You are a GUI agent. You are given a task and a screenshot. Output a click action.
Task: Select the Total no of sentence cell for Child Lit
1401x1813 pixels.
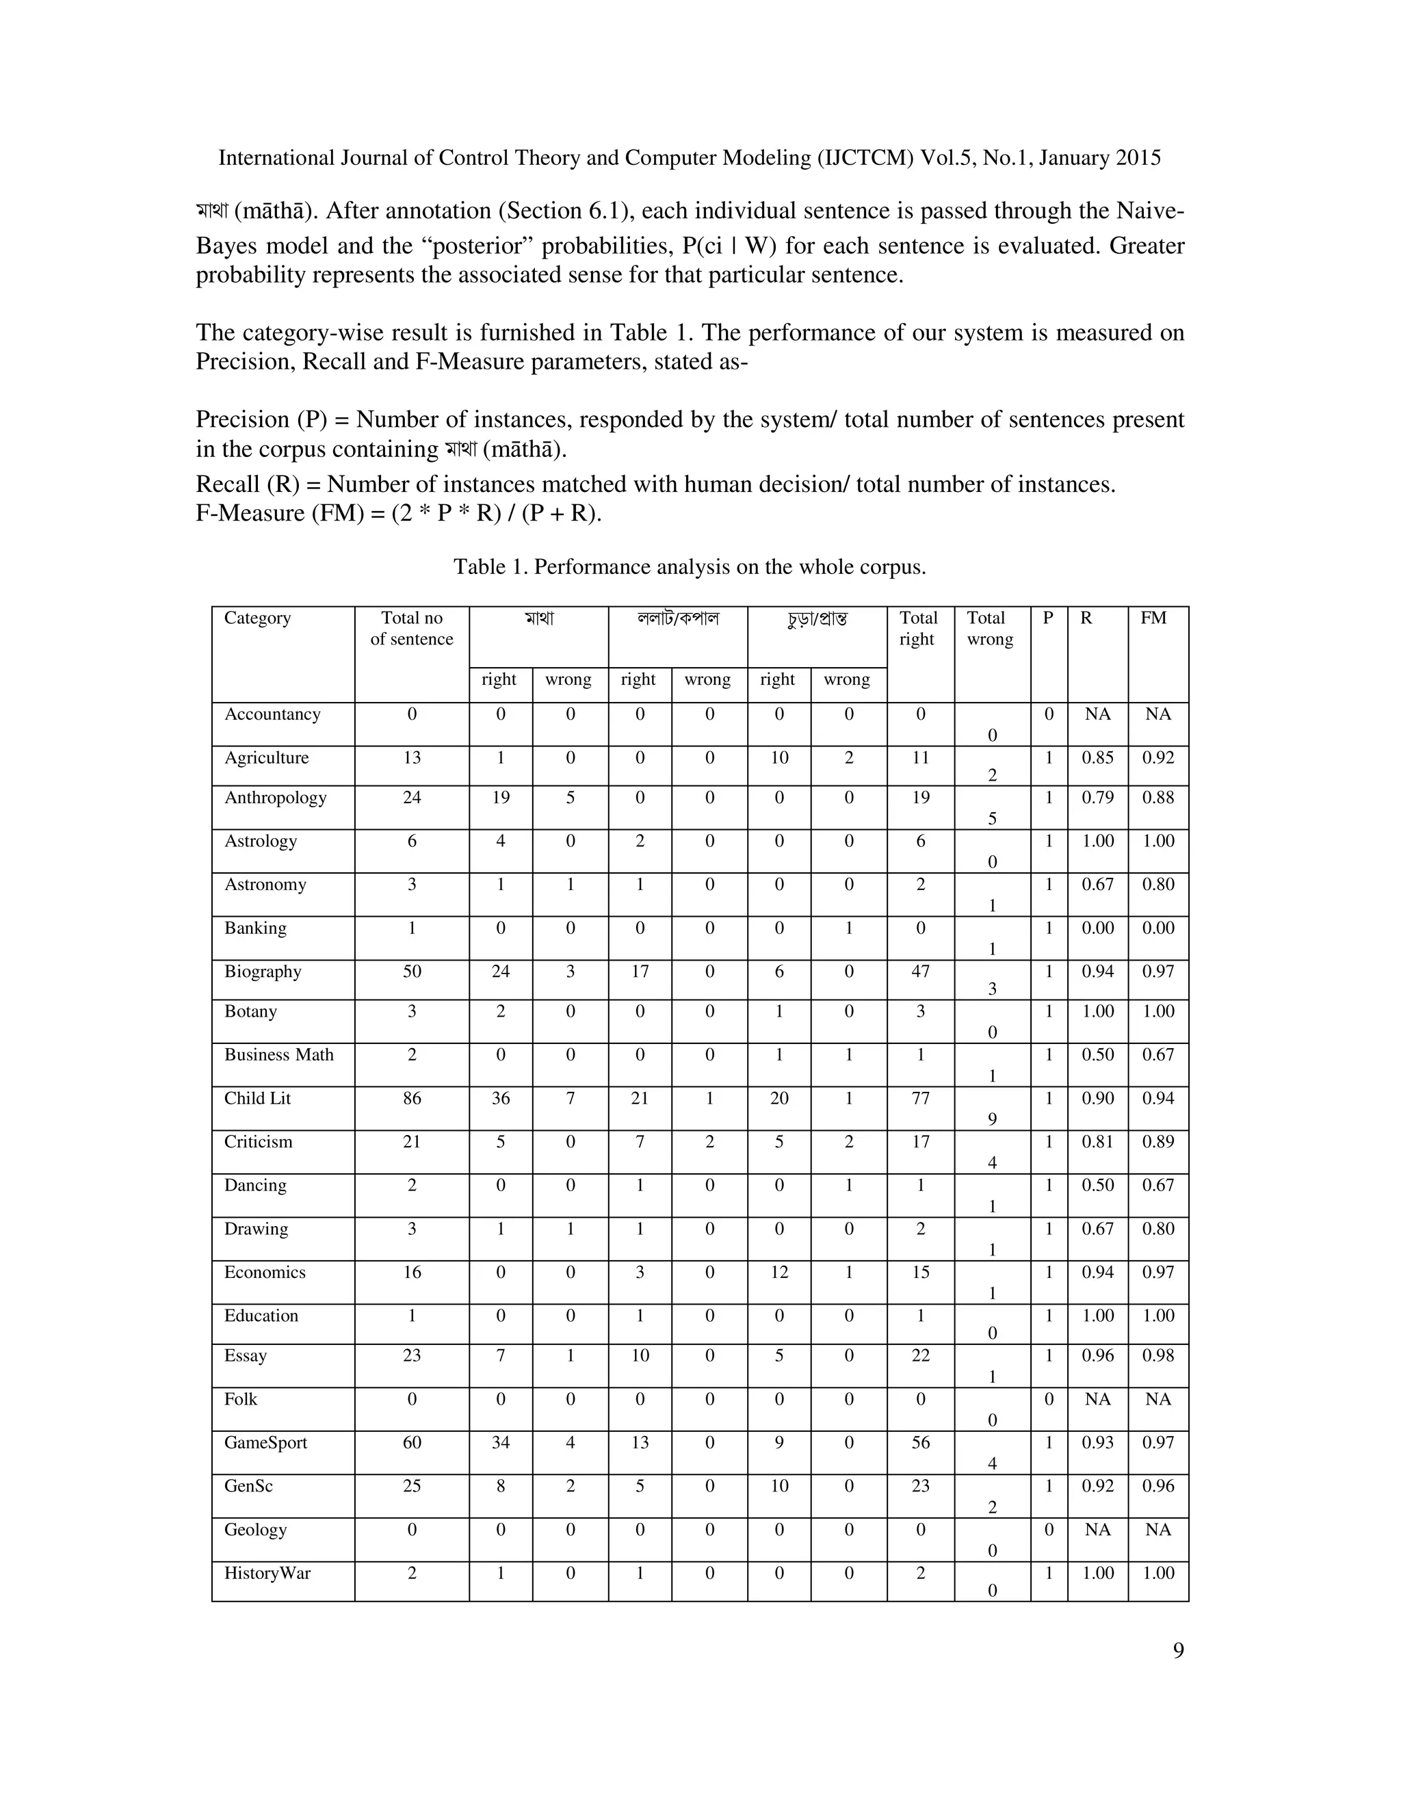pyautogui.click(x=412, y=1098)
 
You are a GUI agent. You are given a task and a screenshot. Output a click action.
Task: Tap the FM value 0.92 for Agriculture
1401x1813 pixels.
pyautogui.click(x=1158, y=758)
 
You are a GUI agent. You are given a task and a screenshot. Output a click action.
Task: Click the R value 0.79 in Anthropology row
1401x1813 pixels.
pyautogui.click(x=1097, y=798)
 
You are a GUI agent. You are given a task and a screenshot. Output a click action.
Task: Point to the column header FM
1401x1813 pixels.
pyautogui.click(x=1153, y=618)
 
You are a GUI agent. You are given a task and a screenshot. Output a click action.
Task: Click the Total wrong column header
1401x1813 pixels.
pyautogui.click(x=989, y=629)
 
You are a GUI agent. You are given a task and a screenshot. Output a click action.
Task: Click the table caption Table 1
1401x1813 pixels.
pyautogui.click(x=689, y=567)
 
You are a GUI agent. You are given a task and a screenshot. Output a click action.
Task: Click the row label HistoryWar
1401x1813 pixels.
pyautogui.click(x=267, y=1573)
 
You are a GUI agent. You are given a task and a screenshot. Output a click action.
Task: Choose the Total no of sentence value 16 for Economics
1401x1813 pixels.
pyautogui.click(x=412, y=1273)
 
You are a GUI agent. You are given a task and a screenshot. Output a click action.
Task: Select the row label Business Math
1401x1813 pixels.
pyautogui.click(x=279, y=1054)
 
